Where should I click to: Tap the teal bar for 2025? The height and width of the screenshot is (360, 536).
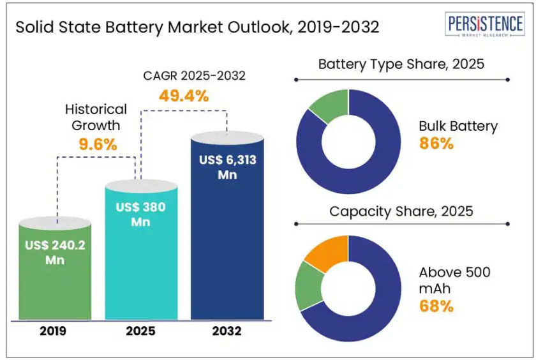point(140,268)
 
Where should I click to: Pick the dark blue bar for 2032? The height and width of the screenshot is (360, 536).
point(227,243)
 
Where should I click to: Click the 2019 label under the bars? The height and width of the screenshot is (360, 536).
point(54,331)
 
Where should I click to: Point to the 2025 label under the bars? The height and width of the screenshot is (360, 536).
point(140,331)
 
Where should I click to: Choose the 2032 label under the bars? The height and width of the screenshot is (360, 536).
point(227,331)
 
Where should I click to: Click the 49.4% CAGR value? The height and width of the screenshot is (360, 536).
point(183,96)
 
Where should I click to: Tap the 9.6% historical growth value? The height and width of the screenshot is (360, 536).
point(98,144)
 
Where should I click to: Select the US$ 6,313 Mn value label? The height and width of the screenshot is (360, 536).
point(227,167)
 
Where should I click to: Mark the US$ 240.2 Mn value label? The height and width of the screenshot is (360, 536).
point(55,252)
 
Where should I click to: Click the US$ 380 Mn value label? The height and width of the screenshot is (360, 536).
point(140,214)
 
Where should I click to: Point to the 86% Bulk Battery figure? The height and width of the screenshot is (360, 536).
point(436,144)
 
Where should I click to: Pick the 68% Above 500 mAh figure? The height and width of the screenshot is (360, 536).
point(436,306)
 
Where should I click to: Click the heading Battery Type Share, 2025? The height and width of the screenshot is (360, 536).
point(401,64)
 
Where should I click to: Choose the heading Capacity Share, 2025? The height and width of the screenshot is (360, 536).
point(401,211)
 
